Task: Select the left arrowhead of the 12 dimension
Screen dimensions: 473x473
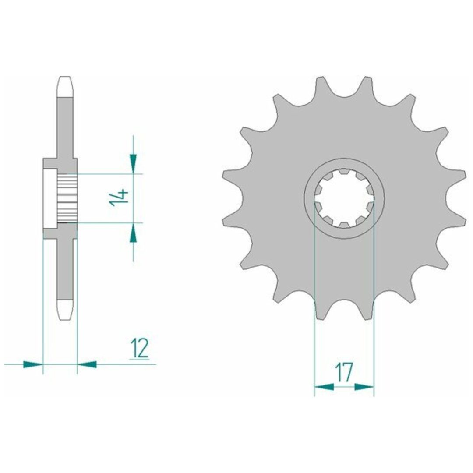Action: [33, 364]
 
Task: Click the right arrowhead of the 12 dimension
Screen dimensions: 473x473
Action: [87, 364]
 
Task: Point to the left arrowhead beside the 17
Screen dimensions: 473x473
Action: [324, 387]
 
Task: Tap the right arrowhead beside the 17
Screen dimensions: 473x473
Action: [364, 387]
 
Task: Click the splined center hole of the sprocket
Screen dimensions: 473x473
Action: [344, 198]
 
